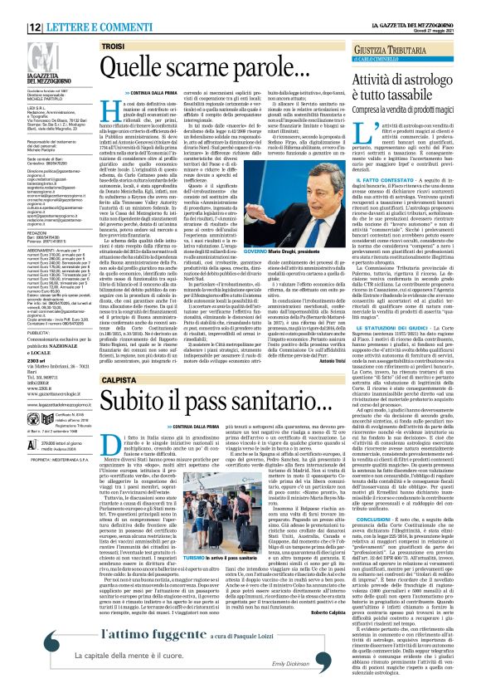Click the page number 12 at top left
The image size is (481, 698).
tap(12, 7)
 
